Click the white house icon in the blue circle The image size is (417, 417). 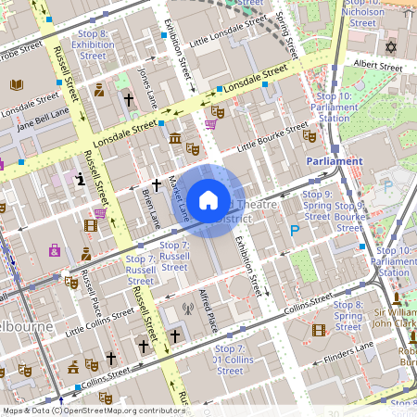click(208, 199)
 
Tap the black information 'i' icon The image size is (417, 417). click(82, 178)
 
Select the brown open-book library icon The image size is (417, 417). click(16, 85)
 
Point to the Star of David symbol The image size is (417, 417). click(390, 46)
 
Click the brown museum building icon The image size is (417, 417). click(175, 138)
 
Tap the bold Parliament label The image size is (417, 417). click(334, 160)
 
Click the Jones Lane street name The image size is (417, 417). click(146, 78)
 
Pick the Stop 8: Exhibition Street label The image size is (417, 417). click(92, 44)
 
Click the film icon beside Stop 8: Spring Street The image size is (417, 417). click(319, 329)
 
